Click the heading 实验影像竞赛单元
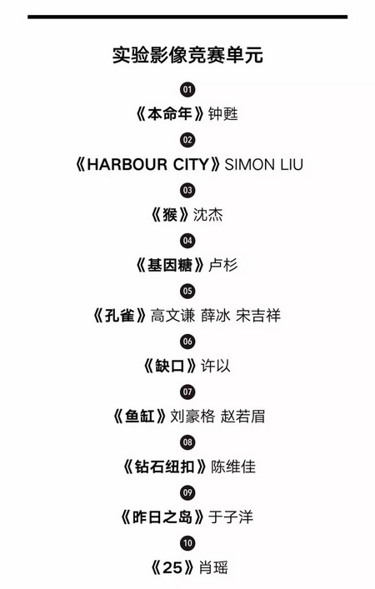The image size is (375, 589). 187,55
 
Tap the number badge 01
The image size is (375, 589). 187,89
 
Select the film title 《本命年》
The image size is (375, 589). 169,114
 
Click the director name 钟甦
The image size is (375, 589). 223,114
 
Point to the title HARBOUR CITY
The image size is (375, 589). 147,164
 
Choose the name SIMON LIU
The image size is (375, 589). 263,164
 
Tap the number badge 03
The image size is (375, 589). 187,190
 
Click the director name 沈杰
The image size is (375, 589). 207,214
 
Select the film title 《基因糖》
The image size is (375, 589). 169,265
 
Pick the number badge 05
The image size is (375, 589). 187,291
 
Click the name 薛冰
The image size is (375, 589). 215,316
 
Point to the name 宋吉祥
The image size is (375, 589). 258,316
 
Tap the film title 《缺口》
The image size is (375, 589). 169,366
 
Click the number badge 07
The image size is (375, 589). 187,392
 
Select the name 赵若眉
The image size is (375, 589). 242,417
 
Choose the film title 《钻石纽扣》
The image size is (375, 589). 164,467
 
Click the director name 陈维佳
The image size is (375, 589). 233,467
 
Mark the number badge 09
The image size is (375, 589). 187,492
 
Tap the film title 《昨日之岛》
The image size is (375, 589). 162,517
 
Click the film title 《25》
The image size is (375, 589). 172,567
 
